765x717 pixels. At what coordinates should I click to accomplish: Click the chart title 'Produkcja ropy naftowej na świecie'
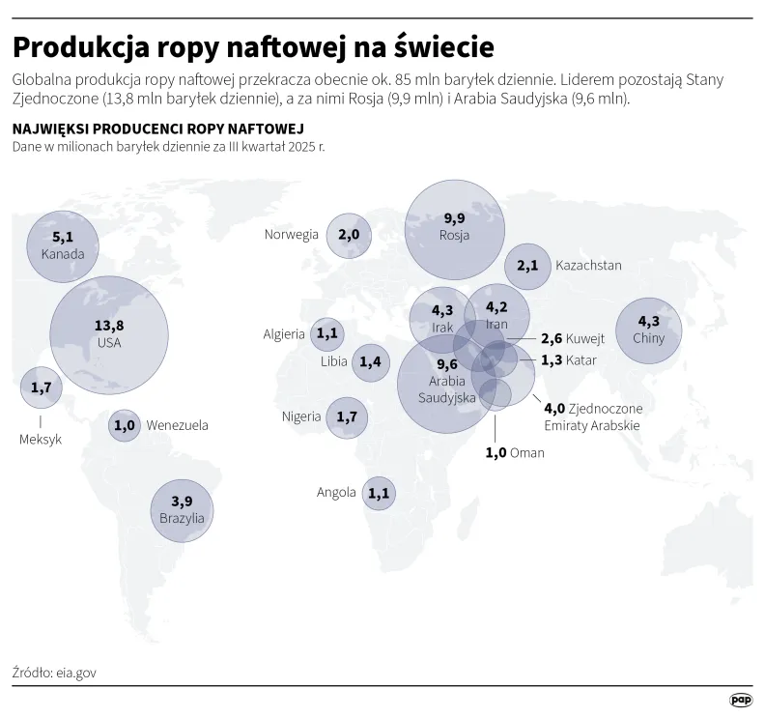[x=253, y=47]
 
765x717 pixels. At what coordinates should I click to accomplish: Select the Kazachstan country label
[x=588, y=266]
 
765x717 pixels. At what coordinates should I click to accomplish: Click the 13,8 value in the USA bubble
[x=108, y=326]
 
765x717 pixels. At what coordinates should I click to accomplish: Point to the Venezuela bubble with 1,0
[x=124, y=425]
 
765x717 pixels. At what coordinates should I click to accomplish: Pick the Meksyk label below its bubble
[x=41, y=439]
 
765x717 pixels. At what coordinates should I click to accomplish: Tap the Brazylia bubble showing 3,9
[x=182, y=508]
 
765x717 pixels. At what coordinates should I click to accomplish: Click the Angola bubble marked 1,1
[x=379, y=493]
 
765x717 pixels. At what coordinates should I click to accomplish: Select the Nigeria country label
[x=301, y=416]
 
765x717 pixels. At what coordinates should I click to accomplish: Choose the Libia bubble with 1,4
[x=370, y=362]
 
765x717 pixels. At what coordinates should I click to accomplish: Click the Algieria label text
[x=284, y=334]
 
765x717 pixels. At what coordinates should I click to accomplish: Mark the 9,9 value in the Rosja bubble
[x=454, y=218]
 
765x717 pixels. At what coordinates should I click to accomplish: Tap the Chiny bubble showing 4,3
[x=648, y=330]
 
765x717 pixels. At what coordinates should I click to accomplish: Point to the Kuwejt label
[x=587, y=339]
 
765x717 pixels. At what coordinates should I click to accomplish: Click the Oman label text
[x=527, y=452]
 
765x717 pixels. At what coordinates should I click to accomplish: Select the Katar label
[x=581, y=360]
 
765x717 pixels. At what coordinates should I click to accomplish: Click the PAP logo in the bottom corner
[x=740, y=700]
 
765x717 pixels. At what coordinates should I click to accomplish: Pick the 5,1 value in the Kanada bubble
[x=63, y=237]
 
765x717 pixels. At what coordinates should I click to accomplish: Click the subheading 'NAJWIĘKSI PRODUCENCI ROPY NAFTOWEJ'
[x=157, y=129]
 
